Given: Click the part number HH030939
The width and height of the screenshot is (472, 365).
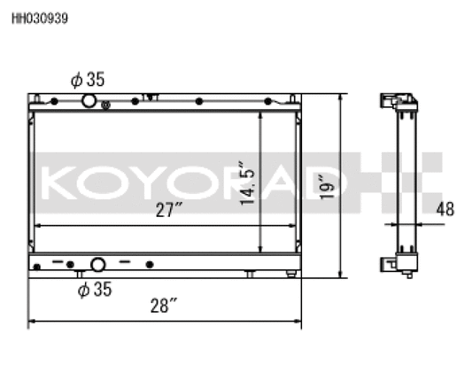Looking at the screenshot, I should pyautogui.click(x=39, y=17).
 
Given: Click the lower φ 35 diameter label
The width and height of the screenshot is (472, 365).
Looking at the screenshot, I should pyautogui.click(x=95, y=288).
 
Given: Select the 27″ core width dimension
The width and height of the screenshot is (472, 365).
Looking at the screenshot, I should pyautogui.click(x=166, y=211).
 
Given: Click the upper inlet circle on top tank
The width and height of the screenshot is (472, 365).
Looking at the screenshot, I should pyautogui.click(x=89, y=101).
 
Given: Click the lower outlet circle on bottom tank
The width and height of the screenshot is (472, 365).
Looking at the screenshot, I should pyautogui.click(x=97, y=264).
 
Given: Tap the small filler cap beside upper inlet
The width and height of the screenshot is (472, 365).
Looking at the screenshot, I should pyautogui.click(x=106, y=105).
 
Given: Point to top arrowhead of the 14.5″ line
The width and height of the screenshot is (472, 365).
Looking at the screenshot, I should pyautogui.click(x=259, y=114).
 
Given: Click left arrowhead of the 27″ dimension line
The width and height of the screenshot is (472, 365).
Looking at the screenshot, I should pyautogui.click(x=36, y=226).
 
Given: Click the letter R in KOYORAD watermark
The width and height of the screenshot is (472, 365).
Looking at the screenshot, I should pyautogui.click(x=245, y=182).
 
